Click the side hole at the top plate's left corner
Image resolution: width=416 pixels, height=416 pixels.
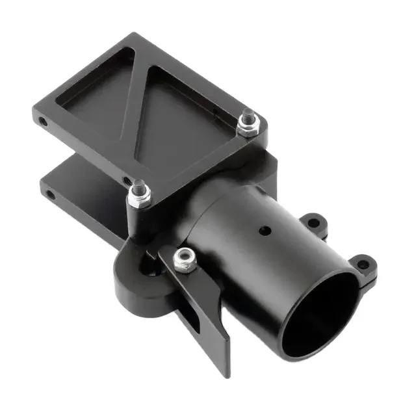pyautogui.click(x=43, y=122)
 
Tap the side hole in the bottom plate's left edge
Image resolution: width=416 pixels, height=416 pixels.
pyautogui.click(x=50, y=194)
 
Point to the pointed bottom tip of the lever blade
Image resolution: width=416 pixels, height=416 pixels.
pyautogui.click(x=226, y=372)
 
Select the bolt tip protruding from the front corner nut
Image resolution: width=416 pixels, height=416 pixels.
pyautogui.click(x=138, y=186)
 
